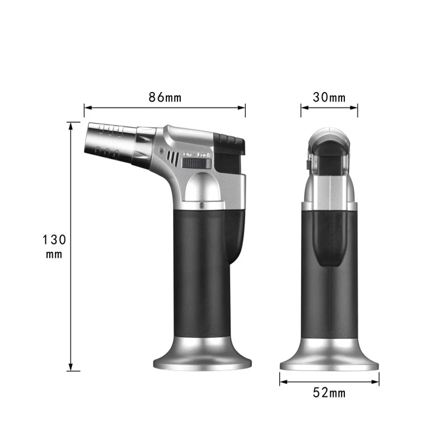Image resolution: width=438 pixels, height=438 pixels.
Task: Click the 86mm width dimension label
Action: pyautogui.click(x=165, y=98)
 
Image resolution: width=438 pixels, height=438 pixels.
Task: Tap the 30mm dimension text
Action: pyautogui.click(x=329, y=97)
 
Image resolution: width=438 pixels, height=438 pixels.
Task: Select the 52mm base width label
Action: pyautogui.click(x=329, y=392)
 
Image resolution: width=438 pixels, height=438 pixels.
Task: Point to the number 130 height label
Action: pyautogui.click(x=54, y=239)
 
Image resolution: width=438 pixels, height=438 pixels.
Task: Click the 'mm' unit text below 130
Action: pyautogui.click(x=54, y=254)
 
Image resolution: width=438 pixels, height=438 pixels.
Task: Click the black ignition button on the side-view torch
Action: pyautogui.click(x=229, y=141)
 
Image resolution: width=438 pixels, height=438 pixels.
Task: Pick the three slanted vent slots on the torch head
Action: pyautogui.click(x=173, y=158)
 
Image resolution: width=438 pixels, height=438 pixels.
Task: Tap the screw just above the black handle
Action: pyautogui.click(x=202, y=205)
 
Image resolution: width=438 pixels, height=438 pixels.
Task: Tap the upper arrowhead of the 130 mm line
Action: pyautogui.click(x=71, y=125)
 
